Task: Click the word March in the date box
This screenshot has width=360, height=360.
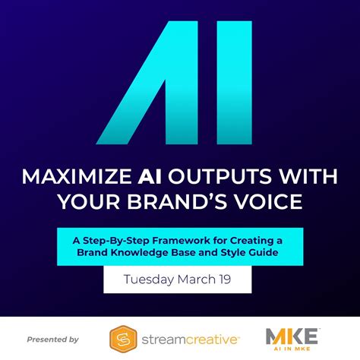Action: [201, 279]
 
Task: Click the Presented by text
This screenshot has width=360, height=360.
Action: [52, 339]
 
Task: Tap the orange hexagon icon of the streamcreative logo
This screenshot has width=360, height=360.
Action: [123, 339]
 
